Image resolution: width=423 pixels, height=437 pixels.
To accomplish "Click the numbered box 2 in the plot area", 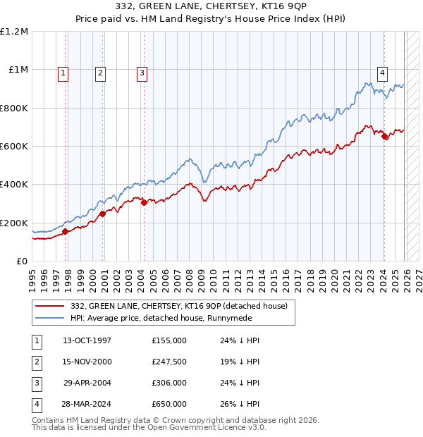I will [x=101, y=72].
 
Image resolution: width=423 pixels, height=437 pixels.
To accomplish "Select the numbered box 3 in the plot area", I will [x=142, y=72].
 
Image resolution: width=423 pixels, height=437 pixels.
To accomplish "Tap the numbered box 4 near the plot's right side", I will [x=382, y=72].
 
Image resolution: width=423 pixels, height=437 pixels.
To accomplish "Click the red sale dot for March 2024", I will [x=384, y=137].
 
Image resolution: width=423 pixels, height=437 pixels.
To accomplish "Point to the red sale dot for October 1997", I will [x=65, y=231].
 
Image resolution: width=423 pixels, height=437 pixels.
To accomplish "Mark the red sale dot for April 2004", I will [x=144, y=202].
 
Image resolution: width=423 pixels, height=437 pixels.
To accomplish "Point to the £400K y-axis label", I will [x=14, y=185].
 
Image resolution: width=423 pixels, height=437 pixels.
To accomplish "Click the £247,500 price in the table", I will [x=168, y=361].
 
